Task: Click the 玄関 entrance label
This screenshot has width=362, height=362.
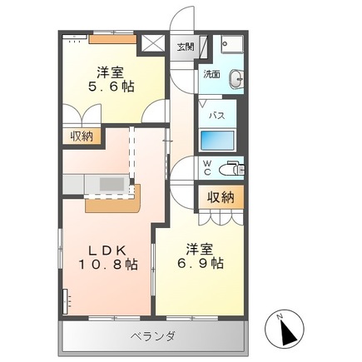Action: click(x=184, y=47)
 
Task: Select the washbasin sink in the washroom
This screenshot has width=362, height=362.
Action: click(x=237, y=79)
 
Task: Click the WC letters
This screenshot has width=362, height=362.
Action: click(x=206, y=169)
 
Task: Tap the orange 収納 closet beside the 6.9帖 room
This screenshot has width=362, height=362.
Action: click(x=221, y=197)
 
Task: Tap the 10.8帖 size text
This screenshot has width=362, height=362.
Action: click(x=107, y=264)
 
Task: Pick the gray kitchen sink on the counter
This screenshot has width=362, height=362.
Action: click(x=112, y=181)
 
